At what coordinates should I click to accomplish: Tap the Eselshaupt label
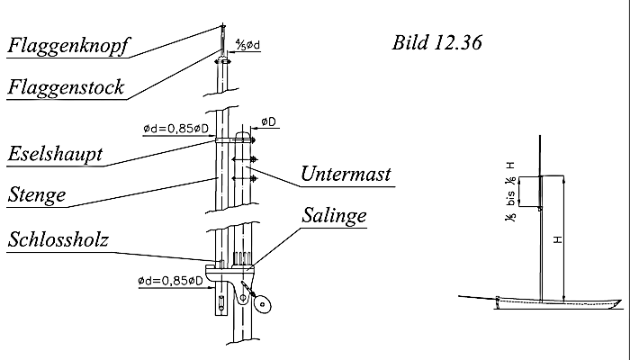(x=54, y=155)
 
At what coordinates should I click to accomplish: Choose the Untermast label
(x=346, y=174)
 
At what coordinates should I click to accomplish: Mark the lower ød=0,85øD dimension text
(x=175, y=280)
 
